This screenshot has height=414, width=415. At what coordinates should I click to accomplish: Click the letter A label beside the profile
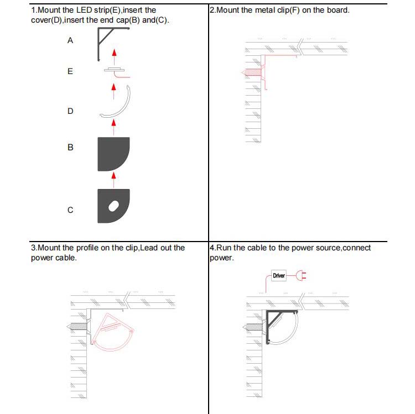coord(70,40)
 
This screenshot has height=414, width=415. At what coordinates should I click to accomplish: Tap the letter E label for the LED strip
coord(70,71)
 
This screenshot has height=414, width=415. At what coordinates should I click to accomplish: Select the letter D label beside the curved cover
coord(70,111)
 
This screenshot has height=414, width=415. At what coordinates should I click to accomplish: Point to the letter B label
coord(70,147)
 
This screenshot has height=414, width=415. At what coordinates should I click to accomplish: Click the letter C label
coord(70,210)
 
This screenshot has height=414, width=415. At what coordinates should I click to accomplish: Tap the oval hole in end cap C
coord(114,206)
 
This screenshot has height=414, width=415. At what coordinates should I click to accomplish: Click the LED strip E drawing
coord(116,71)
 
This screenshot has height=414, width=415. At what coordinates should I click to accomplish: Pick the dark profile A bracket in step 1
coord(99,44)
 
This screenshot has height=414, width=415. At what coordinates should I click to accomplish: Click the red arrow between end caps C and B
coord(114,180)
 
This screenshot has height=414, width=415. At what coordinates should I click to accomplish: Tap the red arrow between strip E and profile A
coord(115,57)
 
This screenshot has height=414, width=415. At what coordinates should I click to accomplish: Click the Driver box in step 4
coord(279,275)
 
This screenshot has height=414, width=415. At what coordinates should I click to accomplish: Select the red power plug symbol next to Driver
coord(301,275)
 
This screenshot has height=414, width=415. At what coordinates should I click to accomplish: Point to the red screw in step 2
coord(253,72)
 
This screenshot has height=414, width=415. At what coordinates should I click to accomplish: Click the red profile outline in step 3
coord(112,332)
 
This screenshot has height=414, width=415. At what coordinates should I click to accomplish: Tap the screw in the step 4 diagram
coord(255,327)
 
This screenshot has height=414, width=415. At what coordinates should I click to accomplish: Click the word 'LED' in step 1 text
coord(84,10)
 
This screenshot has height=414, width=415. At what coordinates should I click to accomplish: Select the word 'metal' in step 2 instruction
coord(265,10)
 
